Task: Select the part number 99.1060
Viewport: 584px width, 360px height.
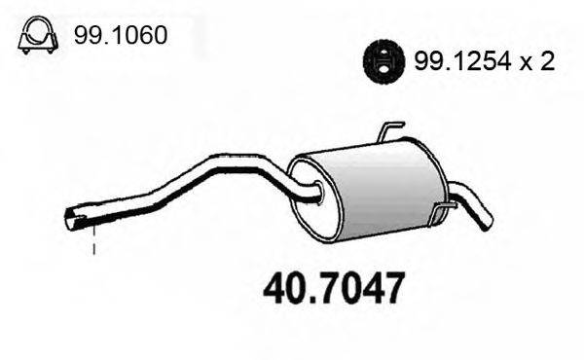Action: point(121,36)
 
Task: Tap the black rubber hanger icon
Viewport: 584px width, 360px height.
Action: point(383,61)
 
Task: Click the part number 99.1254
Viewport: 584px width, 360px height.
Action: point(462,61)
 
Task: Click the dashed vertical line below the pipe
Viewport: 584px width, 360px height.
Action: point(93,239)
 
